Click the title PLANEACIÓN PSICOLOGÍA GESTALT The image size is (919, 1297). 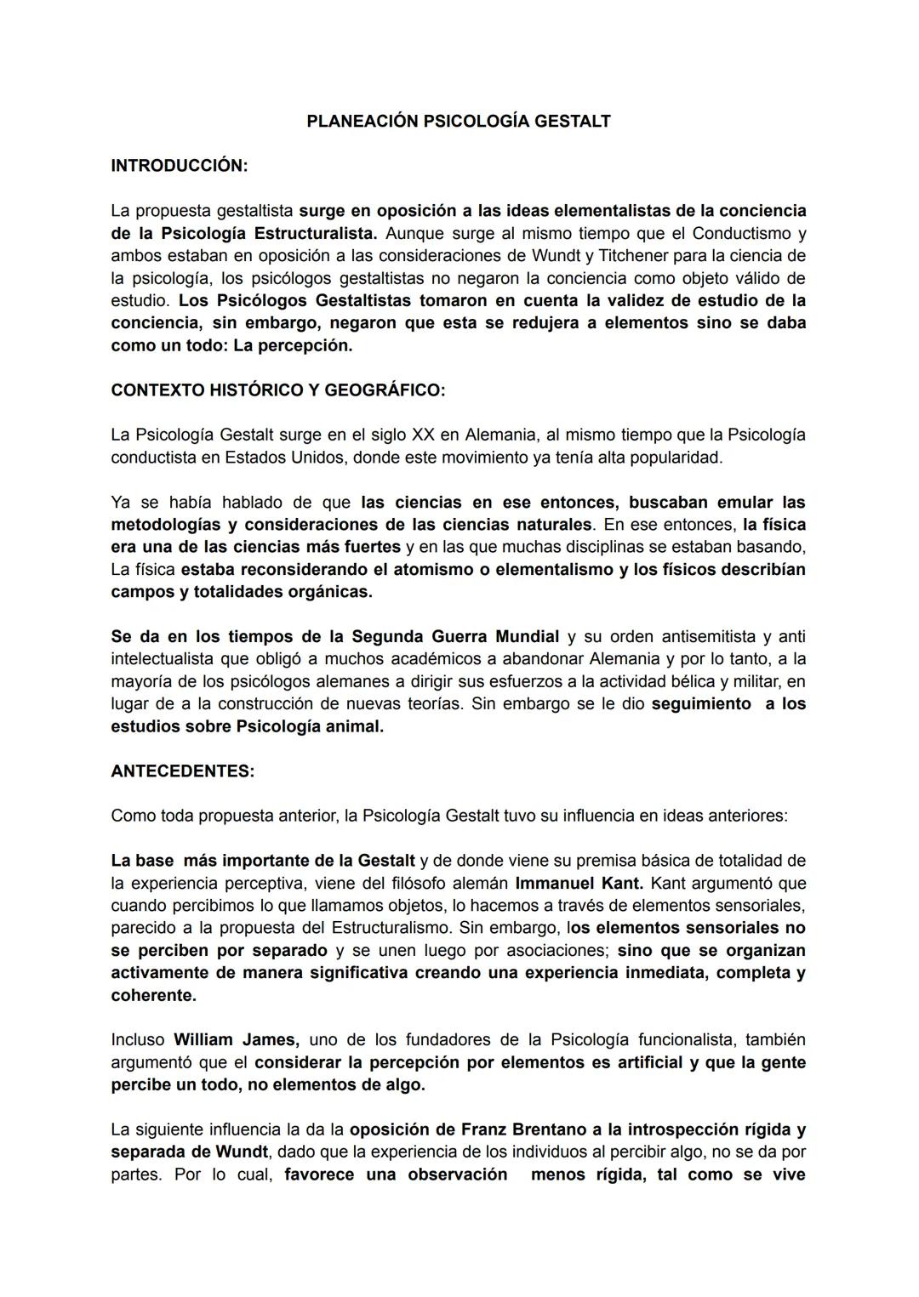pyautogui.click(x=458, y=122)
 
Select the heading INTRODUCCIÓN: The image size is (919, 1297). pyautogui.click(x=179, y=166)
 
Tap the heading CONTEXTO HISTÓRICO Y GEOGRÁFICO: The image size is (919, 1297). pyautogui.click(x=277, y=390)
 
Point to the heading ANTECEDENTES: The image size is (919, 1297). pyautogui.click(x=182, y=771)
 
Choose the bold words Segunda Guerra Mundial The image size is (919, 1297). pyautogui.click(x=455, y=636)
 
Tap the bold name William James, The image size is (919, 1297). pyautogui.click(x=236, y=1039)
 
